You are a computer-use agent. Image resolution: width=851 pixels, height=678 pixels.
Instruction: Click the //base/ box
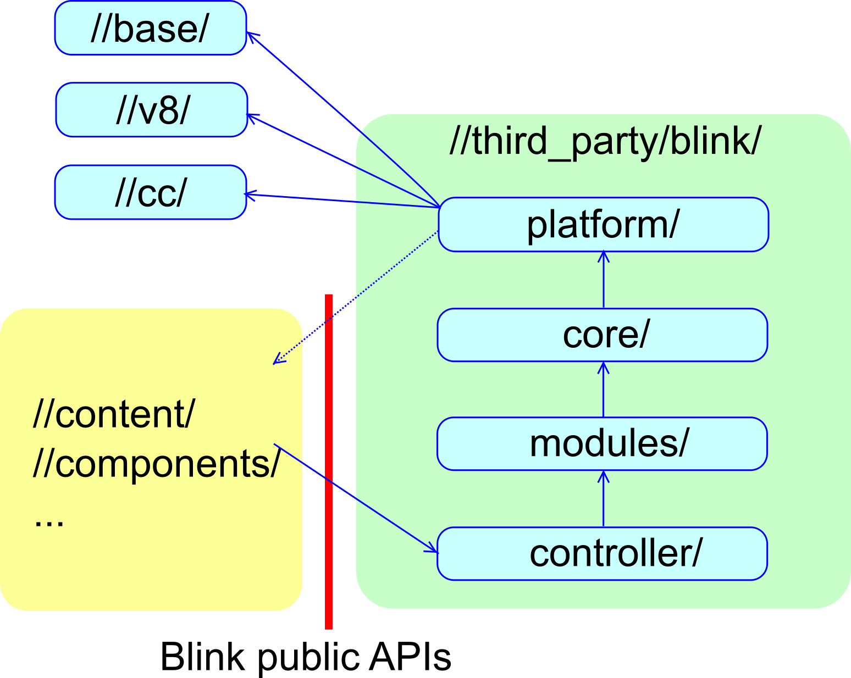tap(150, 28)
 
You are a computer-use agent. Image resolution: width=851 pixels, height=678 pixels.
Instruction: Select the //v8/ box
tap(152, 110)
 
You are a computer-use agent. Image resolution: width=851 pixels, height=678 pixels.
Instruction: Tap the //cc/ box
tap(151, 192)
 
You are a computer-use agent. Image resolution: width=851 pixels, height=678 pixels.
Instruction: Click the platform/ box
tap(603, 224)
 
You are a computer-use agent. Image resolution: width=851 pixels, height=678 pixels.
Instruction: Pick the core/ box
tap(603, 335)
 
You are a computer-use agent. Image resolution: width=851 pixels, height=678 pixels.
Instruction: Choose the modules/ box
tap(603, 443)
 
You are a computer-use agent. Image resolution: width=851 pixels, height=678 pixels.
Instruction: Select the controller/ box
tap(603, 553)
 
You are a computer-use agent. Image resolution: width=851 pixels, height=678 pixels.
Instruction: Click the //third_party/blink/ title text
tap(605, 141)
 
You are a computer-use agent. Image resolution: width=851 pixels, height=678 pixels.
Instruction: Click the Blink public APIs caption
tap(306, 657)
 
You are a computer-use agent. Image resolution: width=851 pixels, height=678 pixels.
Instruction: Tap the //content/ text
tap(114, 414)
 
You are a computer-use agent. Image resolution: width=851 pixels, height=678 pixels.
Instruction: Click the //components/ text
tap(157, 464)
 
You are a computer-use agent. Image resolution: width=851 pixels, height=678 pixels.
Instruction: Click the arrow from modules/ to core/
tap(604, 390)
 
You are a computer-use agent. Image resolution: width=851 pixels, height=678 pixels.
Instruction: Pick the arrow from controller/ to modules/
tap(604, 499)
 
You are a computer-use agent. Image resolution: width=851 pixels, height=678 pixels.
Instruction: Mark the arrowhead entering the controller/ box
tap(432, 548)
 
